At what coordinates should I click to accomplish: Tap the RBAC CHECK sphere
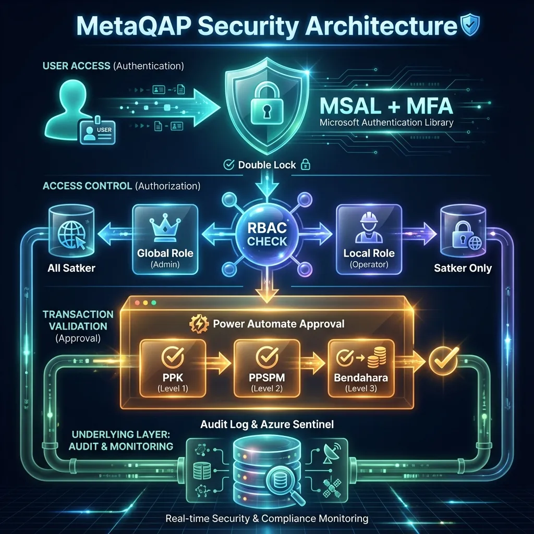pyautogui.click(x=267, y=233)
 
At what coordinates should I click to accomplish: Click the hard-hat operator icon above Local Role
pyautogui.click(x=368, y=229)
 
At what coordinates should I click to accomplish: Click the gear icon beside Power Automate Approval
pyautogui.click(x=201, y=324)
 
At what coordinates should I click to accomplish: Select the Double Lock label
pyautogui.click(x=266, y=165)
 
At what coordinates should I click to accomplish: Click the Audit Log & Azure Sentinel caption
pyautogui.click(x=267, y=424)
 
